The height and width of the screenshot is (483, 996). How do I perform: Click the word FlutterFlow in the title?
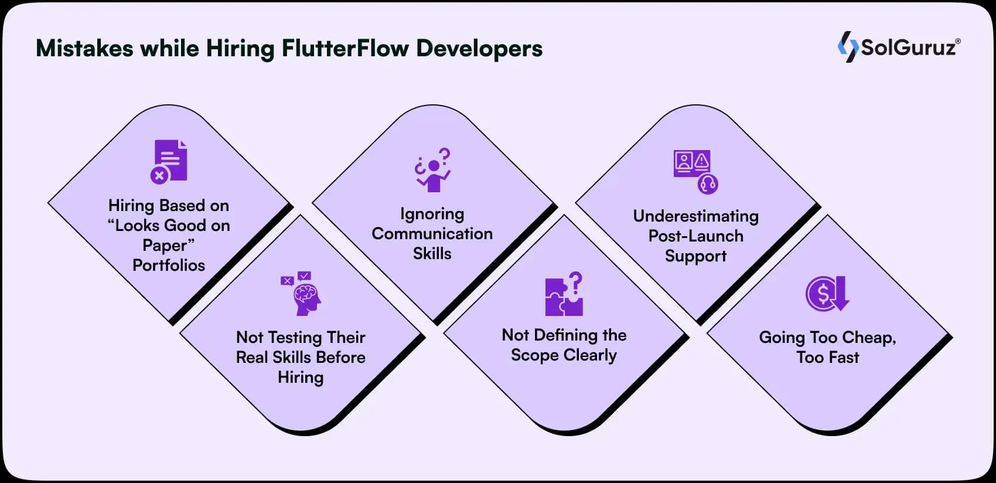coord(345,48)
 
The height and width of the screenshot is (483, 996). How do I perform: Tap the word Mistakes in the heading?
coord(84,48)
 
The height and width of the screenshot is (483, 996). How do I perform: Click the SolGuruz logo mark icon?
coord(847,46)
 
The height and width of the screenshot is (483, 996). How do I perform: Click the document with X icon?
coord(169,162)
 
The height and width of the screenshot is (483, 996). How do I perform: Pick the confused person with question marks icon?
coord(433,170)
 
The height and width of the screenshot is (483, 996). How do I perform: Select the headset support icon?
coord(708,184)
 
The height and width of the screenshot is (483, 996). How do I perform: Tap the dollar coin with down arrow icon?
coord(827,294)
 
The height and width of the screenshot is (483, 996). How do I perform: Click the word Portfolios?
coord(169,266)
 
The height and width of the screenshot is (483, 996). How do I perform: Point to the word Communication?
coord(432,234)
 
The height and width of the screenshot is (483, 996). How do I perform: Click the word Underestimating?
coord(695,216)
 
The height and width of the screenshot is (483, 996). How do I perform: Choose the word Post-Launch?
coord(695,236)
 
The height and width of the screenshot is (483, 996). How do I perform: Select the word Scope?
coord(534,356)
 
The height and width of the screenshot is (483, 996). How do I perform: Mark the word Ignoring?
coord(432,214)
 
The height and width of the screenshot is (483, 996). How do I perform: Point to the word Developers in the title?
coord(479,48)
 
